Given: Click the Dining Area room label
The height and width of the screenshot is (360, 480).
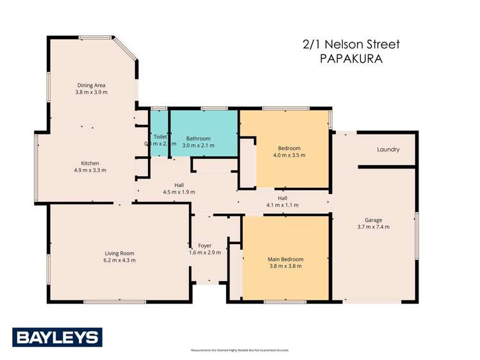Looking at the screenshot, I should click(x=91, y=85).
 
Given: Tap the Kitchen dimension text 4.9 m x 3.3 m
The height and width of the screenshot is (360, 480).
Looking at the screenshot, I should click(x=90, y=170).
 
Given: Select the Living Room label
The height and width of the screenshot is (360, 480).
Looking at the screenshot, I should click(x=119, y=252).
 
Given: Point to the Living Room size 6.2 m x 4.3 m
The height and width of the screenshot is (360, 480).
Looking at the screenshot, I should click(x=119, y=260).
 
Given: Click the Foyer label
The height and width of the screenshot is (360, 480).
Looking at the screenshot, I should click(x=205, y=245).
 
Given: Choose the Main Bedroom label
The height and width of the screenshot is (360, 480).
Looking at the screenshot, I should click(x=285, y=259).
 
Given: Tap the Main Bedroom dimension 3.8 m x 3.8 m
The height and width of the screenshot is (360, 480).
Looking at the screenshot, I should click(x=285, y=266).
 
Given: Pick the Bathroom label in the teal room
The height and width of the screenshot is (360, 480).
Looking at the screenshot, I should click(x=198, y=138).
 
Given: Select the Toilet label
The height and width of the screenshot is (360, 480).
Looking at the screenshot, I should click(x=160, y=136).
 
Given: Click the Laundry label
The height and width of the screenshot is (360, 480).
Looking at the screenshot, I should click(x=388, y=150).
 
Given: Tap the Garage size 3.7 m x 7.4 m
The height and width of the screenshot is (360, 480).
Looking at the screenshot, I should click(x=374, y=227).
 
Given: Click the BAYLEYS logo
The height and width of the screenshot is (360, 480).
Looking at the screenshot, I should click(x=57, y=336).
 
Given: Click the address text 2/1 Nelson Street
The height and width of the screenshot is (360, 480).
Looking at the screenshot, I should click(x=351, y=44).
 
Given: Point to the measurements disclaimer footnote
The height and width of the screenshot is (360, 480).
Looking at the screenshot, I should click(x=240, y=350).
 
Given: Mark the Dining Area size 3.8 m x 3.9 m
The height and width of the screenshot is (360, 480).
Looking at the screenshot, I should click(x=91, y=92).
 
